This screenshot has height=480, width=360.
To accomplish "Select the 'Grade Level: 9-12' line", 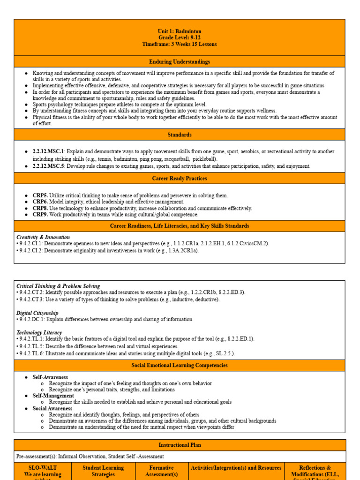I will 180,37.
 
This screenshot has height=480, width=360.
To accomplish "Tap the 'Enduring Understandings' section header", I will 180,62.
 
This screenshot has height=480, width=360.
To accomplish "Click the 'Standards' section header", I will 180,135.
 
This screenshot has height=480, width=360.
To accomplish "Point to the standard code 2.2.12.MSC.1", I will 48,152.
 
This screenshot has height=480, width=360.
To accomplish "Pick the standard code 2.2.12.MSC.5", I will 48,166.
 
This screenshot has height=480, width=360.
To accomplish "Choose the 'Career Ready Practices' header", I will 180,179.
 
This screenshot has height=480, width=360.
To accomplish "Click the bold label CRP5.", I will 40,195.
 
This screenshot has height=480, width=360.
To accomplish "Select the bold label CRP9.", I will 40,215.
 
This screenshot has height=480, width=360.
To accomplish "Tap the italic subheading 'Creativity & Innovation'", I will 43,237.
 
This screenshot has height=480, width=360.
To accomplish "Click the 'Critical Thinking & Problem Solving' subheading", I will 58,286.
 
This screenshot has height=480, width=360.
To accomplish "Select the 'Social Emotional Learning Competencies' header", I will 180,366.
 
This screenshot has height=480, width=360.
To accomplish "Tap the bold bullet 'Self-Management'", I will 53,396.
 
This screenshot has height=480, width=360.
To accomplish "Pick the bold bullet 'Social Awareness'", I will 52,409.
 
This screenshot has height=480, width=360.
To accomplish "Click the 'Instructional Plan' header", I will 180,445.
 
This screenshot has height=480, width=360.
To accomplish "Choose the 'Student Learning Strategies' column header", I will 103,471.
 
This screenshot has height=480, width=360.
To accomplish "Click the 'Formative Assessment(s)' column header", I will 161,471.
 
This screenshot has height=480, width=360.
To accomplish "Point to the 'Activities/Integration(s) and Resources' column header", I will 236,468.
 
